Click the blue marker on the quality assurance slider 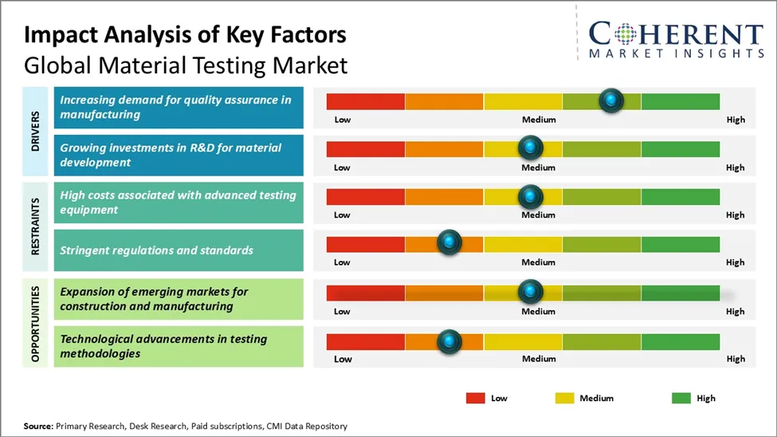coord(610,100)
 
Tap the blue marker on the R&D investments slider coord(530,148)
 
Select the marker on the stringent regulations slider coord(449,242)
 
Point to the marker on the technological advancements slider coord(449,341)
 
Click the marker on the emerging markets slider coord(530,292)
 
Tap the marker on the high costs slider coord(530,196)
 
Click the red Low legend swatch coord(476,398)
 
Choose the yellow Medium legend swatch coord(563,398)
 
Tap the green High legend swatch coord(681,398)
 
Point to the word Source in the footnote coord(37,427)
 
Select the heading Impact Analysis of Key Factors coord(185,35)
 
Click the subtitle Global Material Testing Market coord(186,65)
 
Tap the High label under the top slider coord(736,120)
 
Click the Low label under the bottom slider coord(343,359)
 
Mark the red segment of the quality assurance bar coord(366,101)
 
